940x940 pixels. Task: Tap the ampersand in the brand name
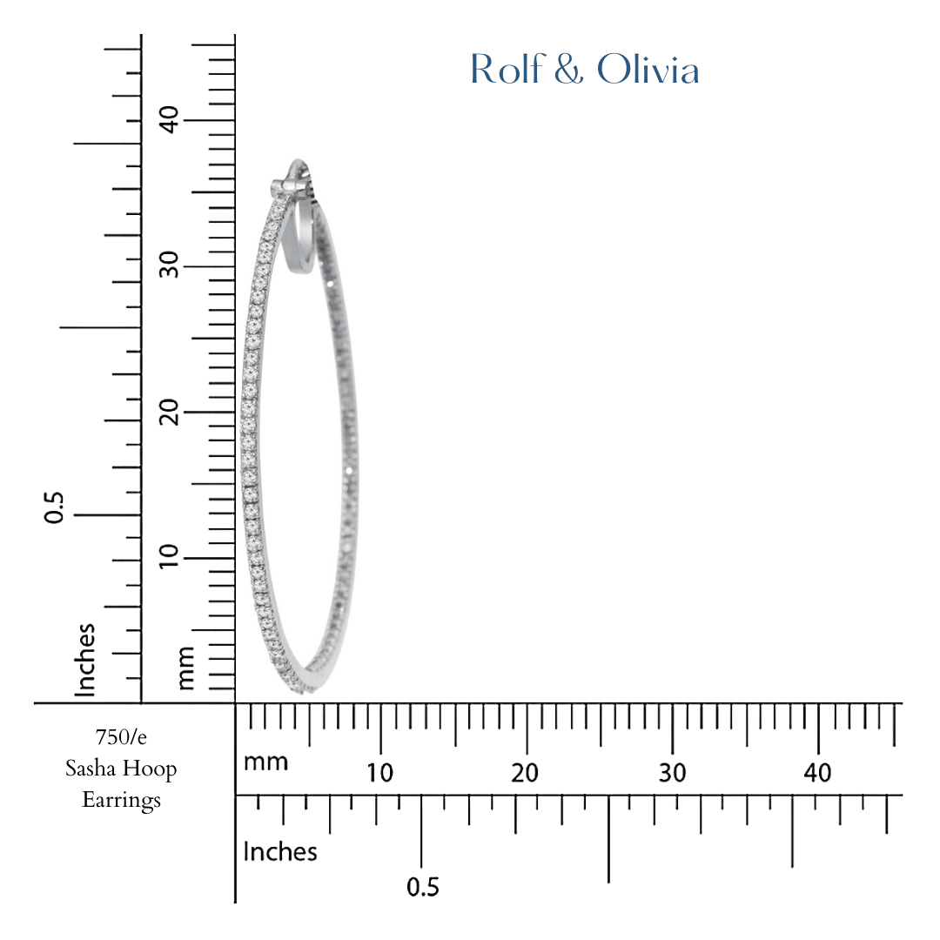pos(567,70)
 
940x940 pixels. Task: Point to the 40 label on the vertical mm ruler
pos(169,119)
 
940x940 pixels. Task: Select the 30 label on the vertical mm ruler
pos(169,265)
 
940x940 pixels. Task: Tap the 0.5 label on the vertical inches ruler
pos(56,507)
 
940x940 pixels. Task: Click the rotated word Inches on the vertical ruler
pos(85,659)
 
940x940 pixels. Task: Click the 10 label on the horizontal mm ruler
pos(379,773)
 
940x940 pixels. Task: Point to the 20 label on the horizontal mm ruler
pos(526,773)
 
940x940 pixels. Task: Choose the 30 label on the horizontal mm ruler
pos(672,773)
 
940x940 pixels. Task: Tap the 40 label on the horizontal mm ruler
pos(818,773)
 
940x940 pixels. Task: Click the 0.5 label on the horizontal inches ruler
pos(423,888)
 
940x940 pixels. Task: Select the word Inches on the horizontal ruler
pos(280,851)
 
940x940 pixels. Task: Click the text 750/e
pos(121,737)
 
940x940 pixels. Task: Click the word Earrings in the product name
pos(121,799)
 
